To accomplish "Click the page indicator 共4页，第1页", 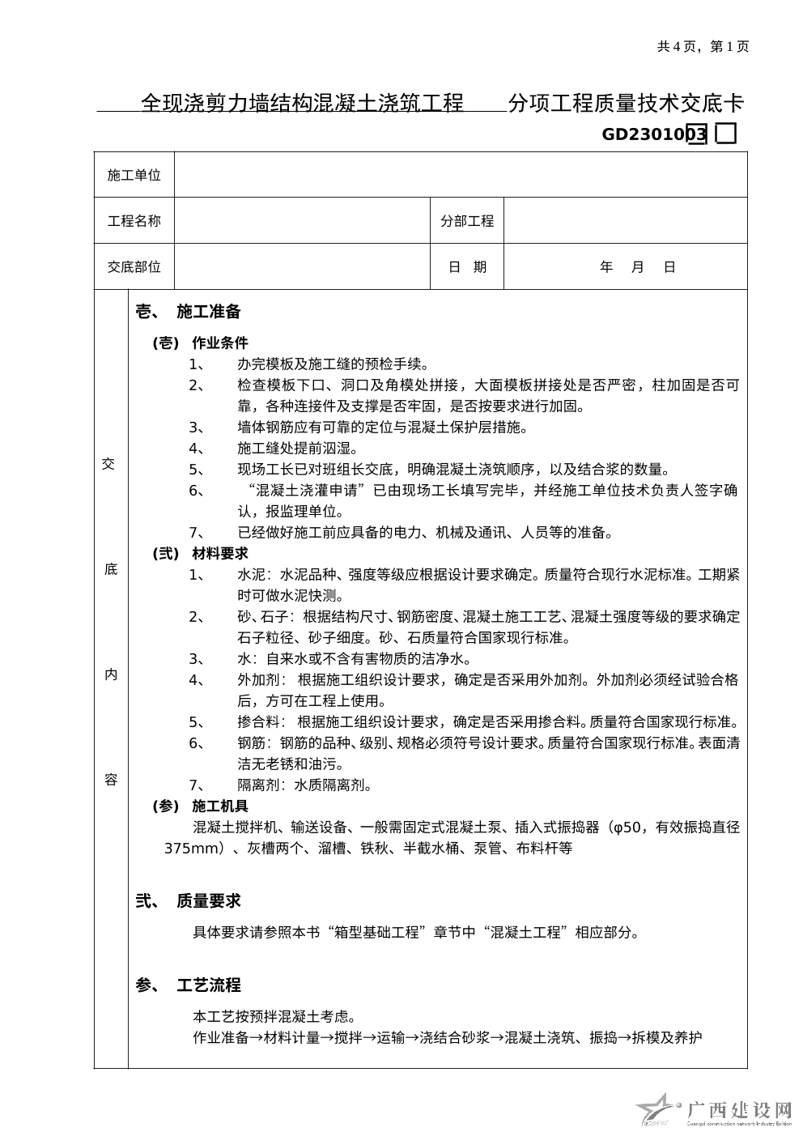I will coord(703,47).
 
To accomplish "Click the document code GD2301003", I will coord(654,134).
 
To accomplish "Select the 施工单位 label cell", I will coord(134,175).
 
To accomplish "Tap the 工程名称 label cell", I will coord(134,221).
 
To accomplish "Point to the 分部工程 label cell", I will coord(467,221).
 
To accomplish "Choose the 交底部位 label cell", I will coord(134,266).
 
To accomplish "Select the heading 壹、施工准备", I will coord(188,312).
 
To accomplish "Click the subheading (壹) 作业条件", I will coord(200,343).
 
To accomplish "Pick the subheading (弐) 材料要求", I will coord(200,554).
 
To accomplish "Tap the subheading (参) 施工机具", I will coord(200,806).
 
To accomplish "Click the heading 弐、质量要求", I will coord(188,901).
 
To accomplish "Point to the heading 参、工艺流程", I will coord(188,985).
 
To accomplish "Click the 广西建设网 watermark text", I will coord(738,1110).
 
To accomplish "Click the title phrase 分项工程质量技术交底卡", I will coord(625,104).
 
